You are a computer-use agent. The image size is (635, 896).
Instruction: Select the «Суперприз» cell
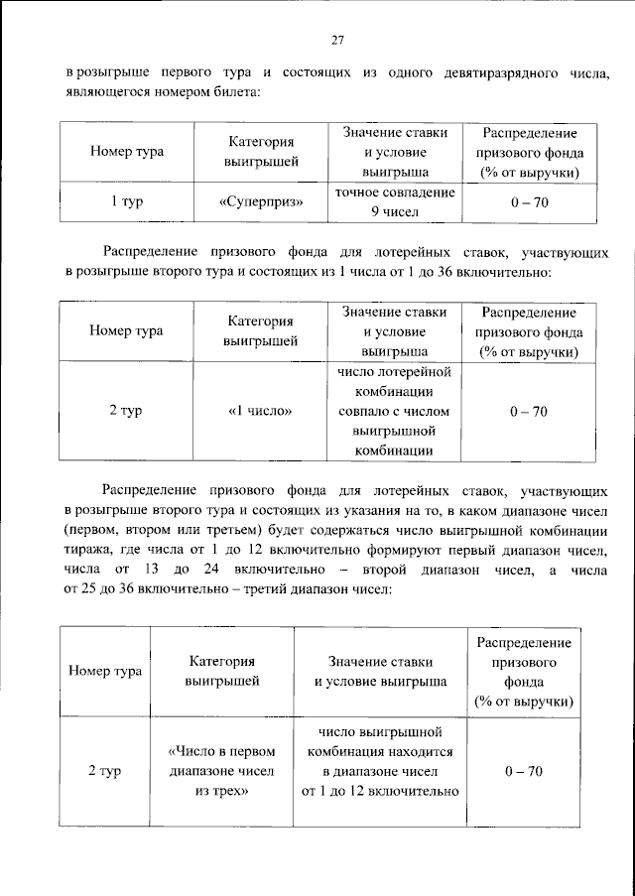click(x=260, y=201)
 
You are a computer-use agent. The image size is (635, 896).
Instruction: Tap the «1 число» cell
click(x=260, y=411)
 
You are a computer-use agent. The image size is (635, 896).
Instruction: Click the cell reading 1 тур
click(x=126, y=201)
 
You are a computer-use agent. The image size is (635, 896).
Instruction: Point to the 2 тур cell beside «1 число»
click(x=126, y=411)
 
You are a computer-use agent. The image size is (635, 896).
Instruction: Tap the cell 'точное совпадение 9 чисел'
click(x=395, y=201)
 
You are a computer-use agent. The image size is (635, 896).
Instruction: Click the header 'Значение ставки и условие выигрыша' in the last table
click(x=381, y=671)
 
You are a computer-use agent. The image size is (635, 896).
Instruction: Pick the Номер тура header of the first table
click(x=126, y=152)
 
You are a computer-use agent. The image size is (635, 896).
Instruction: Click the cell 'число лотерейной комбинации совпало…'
click(x=395, y=411)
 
